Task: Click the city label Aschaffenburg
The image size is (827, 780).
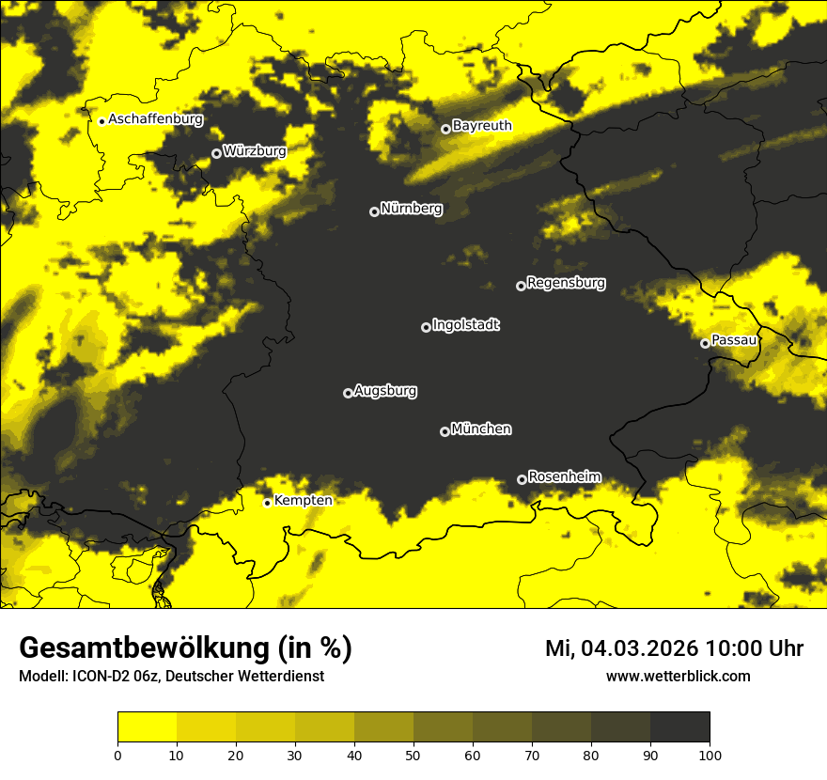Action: tap(155, 119)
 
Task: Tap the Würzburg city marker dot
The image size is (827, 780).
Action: tap(216, 153)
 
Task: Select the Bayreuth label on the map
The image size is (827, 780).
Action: tap(482, 126)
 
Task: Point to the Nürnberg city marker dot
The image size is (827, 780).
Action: tap(374, 211)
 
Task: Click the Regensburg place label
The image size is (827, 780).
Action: tap(566, 283)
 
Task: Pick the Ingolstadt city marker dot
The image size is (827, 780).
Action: tap(426, 327)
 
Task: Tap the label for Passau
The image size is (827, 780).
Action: tap(734, 340)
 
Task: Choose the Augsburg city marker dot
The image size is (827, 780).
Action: tap(348, 393)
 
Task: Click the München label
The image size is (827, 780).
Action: tap(481, 429)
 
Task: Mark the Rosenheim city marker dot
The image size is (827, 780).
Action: tap(522, 479)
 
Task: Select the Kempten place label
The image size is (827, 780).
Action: tap(303, 501)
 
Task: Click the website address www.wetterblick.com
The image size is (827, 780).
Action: tap(678, 677)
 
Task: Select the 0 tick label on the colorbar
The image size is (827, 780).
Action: tap(117, 755)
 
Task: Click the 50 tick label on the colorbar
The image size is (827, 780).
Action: tap(413, 755)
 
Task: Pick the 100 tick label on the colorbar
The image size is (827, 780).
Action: tap(710, 755)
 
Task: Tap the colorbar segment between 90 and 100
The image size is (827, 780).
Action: tap(679, 727)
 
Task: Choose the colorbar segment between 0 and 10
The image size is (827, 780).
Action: tap(147, 727)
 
